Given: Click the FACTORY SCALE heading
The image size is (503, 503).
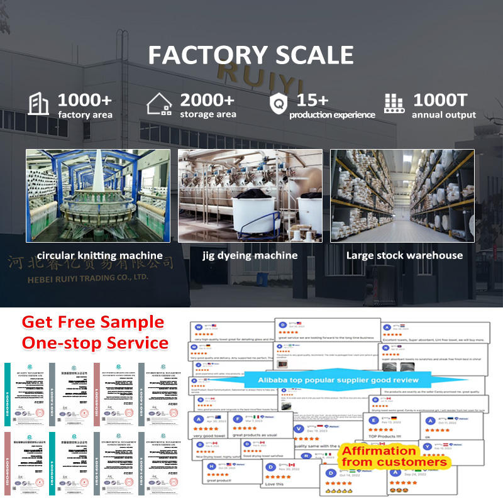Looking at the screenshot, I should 251,55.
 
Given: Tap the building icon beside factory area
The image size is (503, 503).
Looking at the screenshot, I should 38,104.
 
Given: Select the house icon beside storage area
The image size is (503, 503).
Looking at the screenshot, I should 159,104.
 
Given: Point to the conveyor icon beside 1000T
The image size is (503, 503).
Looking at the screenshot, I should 394,104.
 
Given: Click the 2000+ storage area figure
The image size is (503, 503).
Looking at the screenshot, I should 207,100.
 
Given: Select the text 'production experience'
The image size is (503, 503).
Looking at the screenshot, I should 332,115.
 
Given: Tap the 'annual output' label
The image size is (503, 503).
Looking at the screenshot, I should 444,115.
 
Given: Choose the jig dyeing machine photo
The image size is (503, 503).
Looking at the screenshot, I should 250,196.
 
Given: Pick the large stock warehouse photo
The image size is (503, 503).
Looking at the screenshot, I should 402,196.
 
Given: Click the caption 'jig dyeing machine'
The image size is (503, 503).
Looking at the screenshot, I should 250,255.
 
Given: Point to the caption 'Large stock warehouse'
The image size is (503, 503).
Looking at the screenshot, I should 404,255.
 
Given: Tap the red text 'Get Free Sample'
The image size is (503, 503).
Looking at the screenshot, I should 92,323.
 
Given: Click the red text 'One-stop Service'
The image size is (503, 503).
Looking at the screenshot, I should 95,343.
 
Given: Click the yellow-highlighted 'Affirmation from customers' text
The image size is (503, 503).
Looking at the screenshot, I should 394,456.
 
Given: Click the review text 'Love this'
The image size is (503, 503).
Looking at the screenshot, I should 274,484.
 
